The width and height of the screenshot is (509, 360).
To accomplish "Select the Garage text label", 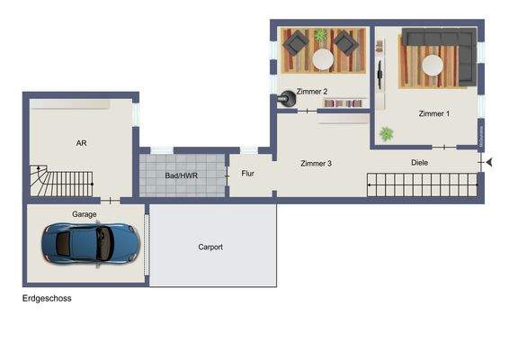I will pos(85,214).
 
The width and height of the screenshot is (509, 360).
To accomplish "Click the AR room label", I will pos(81,143).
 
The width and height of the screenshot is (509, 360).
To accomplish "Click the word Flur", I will pos(247,173).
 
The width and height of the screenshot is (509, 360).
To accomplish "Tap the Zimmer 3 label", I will pos(317,164).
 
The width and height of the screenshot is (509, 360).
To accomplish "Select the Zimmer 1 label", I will pos(434,114).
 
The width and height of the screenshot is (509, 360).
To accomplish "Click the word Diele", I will pos(419,163).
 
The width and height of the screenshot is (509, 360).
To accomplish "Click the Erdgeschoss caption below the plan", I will pos(47,299).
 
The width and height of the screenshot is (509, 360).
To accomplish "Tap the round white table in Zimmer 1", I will pos(433,66).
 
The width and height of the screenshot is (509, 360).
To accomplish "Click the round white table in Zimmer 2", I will pos(321,59).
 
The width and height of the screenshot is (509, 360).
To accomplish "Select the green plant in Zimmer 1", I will pos(387,133).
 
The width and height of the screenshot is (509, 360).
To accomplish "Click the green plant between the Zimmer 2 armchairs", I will pos(320,35).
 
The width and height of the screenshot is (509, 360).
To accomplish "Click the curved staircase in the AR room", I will pos(40,183).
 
